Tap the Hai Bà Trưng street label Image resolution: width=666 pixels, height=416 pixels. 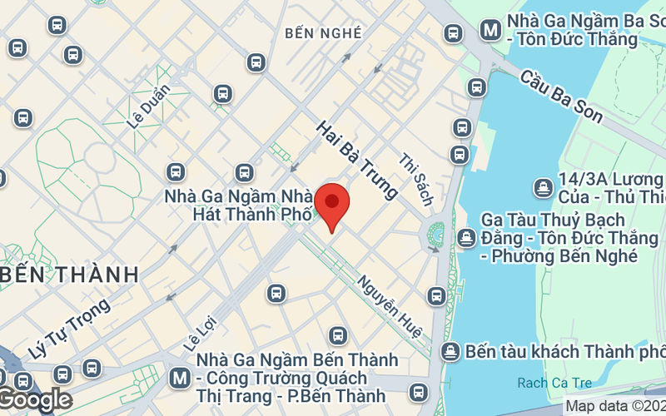[x=356, y=161]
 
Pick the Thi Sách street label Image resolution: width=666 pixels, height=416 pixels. [x=416, y=180]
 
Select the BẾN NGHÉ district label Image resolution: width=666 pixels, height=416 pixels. [x=323, y=33]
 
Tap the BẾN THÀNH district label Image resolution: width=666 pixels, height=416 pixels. [x=69, y=274]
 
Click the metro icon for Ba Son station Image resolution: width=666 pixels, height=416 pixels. [x=491, y=31]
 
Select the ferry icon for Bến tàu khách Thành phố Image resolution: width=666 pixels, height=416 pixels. [x=450, y=351]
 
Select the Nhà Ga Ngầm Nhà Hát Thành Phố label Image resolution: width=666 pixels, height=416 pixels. [x=239, y=205]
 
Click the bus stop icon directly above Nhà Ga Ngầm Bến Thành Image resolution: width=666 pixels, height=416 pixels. [x=337, y=335]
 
